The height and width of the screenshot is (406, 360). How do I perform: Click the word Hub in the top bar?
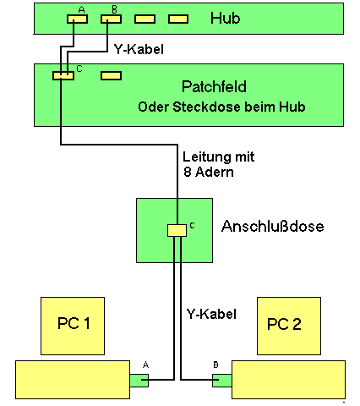pyautogui.click(x=226, y=19)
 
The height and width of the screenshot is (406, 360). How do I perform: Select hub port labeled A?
pyautogui.click(x=78, y=19)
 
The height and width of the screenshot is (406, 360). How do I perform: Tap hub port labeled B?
pyautogui.click(x=112, y=19)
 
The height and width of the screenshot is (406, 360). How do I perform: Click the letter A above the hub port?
pyautogui.click(x=81, y=10)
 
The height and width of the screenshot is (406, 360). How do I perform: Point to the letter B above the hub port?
pyautogui.click(x=114, y=10)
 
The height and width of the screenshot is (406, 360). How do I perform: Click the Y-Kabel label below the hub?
pyautogui.click(x=139, y=49)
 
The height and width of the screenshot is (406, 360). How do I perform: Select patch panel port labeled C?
pyautogui.click(x=63, y=75)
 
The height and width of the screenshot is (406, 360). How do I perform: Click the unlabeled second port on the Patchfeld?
pyautogui.click(x=112, y=75)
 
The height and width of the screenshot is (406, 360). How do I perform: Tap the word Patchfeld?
pyautogui.click(x=214, y=86)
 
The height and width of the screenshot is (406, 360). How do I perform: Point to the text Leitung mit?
pyautogui.click(x=219, y=156)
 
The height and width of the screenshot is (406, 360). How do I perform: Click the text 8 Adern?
pyautogui.click(x=209, y=172)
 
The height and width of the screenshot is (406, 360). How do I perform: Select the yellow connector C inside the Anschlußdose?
pyautogui.click(x=177, y=230)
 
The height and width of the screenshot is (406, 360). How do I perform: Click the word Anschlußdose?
pyautogui.click(x=273, y=226)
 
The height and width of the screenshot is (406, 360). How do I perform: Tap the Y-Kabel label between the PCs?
pyautogui.click(x=211, y=314)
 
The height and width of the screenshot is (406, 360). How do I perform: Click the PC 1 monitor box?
pyautogui.click(x=73, y=326)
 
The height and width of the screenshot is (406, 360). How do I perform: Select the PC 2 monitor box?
pyautogui.click(x=289, y=326)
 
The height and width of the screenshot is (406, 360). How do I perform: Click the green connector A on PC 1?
pyautogui.click(x=139, y=381)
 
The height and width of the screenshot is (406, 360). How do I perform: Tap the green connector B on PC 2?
pyautogui.click(x=222, y=381)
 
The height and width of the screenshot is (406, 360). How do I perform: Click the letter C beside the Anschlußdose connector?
pyautogui.click(x=192, y=226)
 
